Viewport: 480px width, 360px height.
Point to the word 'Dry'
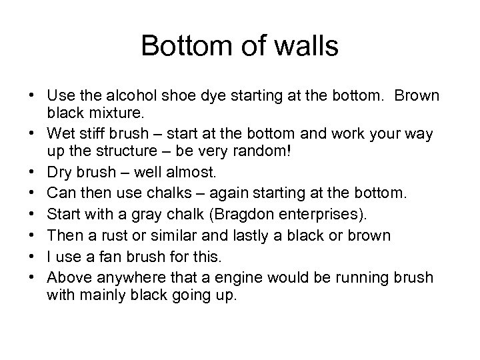59,173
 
